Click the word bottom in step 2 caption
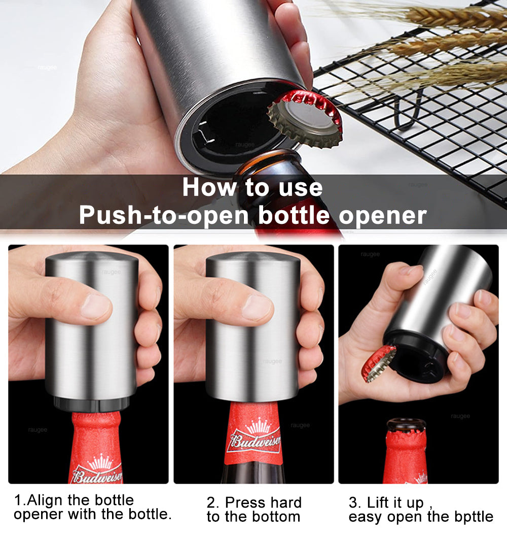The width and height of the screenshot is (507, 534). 274,517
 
